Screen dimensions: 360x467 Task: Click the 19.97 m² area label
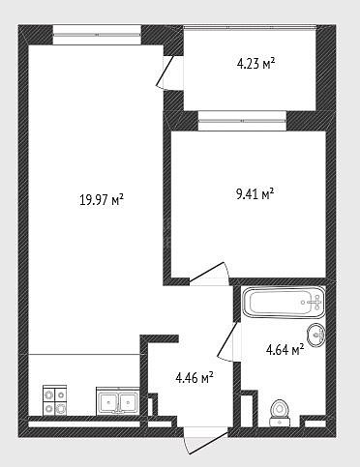[102, 200]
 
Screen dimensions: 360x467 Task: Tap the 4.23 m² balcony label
[255, 63]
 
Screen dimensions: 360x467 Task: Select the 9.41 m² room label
[255, 194]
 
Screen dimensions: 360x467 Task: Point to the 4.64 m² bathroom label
[285, 349]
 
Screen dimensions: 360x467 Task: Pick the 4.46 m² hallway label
[195, 377]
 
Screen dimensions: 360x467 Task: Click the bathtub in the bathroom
[283, 303]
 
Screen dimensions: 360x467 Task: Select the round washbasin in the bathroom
[316, 336]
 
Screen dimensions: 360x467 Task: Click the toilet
[280, 413]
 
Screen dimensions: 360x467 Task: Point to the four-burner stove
[55, 400]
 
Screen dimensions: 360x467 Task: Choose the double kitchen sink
[118, 400]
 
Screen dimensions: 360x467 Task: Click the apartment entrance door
[205, 440]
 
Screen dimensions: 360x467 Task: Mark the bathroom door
[228, 341]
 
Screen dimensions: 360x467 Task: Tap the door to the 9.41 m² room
[209, 274]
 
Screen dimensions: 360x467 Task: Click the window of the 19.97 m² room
[97, 35]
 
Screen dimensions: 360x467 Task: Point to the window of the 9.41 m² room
[242, 121]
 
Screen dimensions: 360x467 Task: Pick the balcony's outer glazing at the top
[250, 28]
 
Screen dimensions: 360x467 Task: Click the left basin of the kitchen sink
[108, 401]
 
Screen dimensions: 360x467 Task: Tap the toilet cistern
[280, 422]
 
